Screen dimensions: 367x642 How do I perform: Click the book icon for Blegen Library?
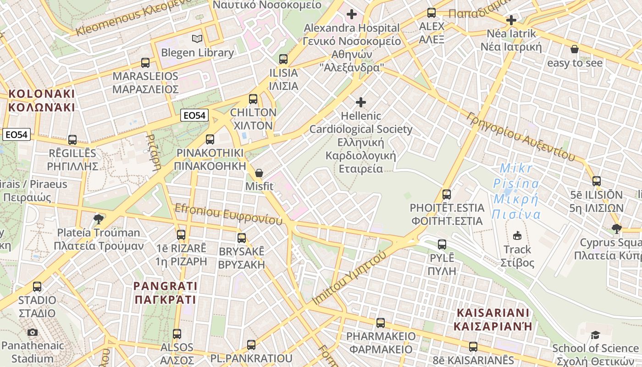coord(197,39)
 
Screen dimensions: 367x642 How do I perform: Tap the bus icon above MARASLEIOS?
coord(145,63)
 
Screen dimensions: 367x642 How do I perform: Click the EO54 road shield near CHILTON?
coord(194,116)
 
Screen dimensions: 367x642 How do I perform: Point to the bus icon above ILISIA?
coord(283,59)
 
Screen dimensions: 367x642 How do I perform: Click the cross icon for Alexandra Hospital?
coord(352,15)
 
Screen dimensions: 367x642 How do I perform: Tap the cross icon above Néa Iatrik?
coord(511,20)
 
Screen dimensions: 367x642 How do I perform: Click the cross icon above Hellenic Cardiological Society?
coord(361,102)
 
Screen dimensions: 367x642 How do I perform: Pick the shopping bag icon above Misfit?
coord(259,173)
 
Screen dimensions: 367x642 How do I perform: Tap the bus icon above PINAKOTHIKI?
coord(210,139)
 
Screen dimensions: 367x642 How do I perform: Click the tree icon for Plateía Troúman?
coord(98,219)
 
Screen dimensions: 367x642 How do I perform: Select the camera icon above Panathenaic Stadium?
coord(32,332)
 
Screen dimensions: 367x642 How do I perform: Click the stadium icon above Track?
coord(517,236)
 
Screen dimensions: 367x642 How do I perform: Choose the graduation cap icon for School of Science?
coord(595,335)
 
